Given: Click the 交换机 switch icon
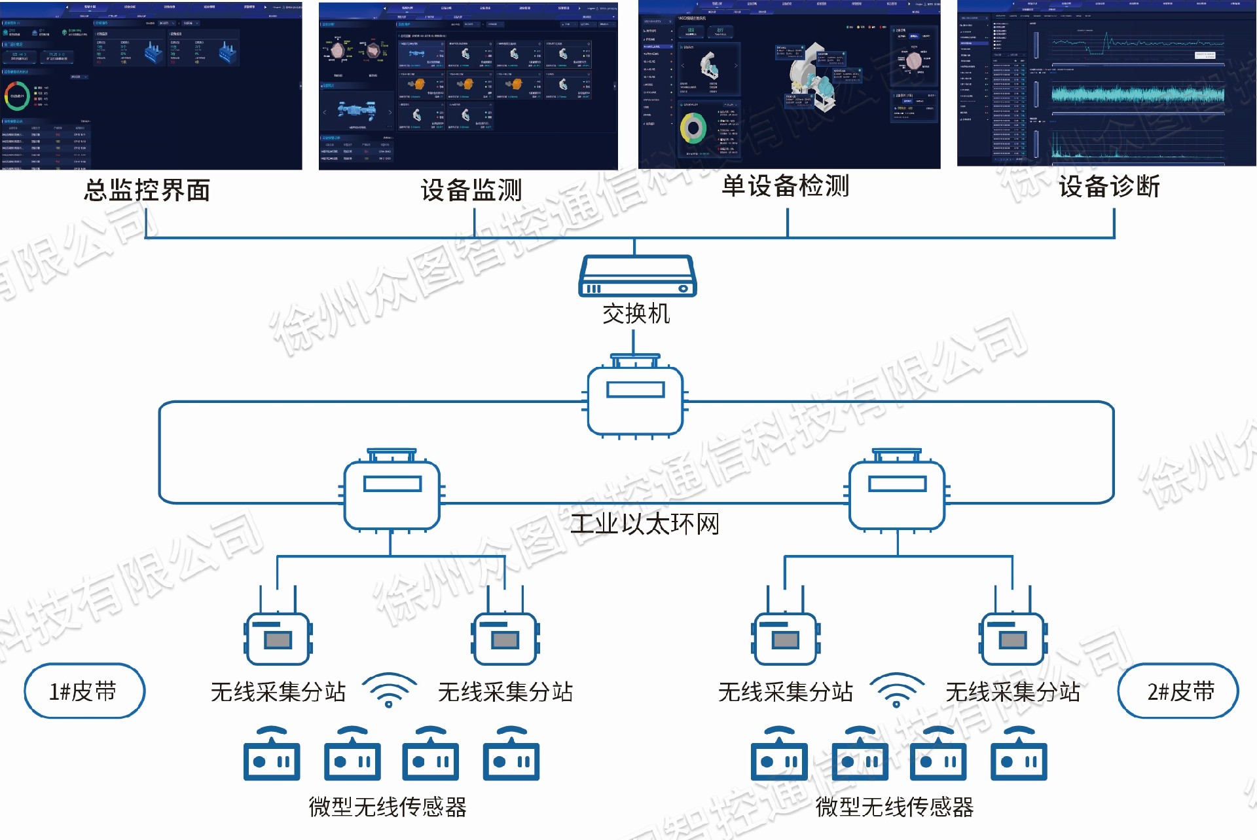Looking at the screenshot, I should pos(637,277).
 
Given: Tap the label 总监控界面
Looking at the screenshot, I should pos(147,190).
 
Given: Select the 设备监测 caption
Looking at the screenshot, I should pos(471,190).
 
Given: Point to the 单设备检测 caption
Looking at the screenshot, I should pos(785,186).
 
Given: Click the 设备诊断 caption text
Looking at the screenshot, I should pos(1109,187).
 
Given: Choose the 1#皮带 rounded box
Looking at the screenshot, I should pos(84,691).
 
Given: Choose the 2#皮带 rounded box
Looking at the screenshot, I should pos(1178,691).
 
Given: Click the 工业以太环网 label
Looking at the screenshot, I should pos(645,524).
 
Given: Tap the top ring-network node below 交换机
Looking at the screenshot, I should pos(635,400).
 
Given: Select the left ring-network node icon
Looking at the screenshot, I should pos(392,493).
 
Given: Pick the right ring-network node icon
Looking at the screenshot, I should pos(897,493).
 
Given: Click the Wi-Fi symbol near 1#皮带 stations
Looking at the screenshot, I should pos(389,690).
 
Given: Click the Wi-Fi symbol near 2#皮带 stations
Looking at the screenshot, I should pos(896,690).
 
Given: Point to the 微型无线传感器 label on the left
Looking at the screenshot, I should pos(388,807).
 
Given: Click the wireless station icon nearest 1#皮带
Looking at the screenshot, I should pos(278,637).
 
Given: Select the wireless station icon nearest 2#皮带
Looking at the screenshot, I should pos(1013,637).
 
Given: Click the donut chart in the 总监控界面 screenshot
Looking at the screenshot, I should pos(17,96).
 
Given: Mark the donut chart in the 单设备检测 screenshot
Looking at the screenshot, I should pos(693,128).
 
